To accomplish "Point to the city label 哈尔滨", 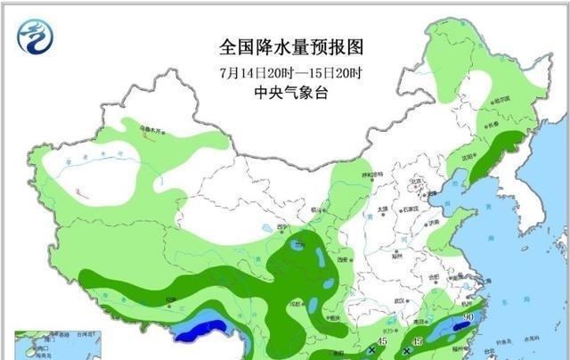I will click(504, 100).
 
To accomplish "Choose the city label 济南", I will click(432, 223).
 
